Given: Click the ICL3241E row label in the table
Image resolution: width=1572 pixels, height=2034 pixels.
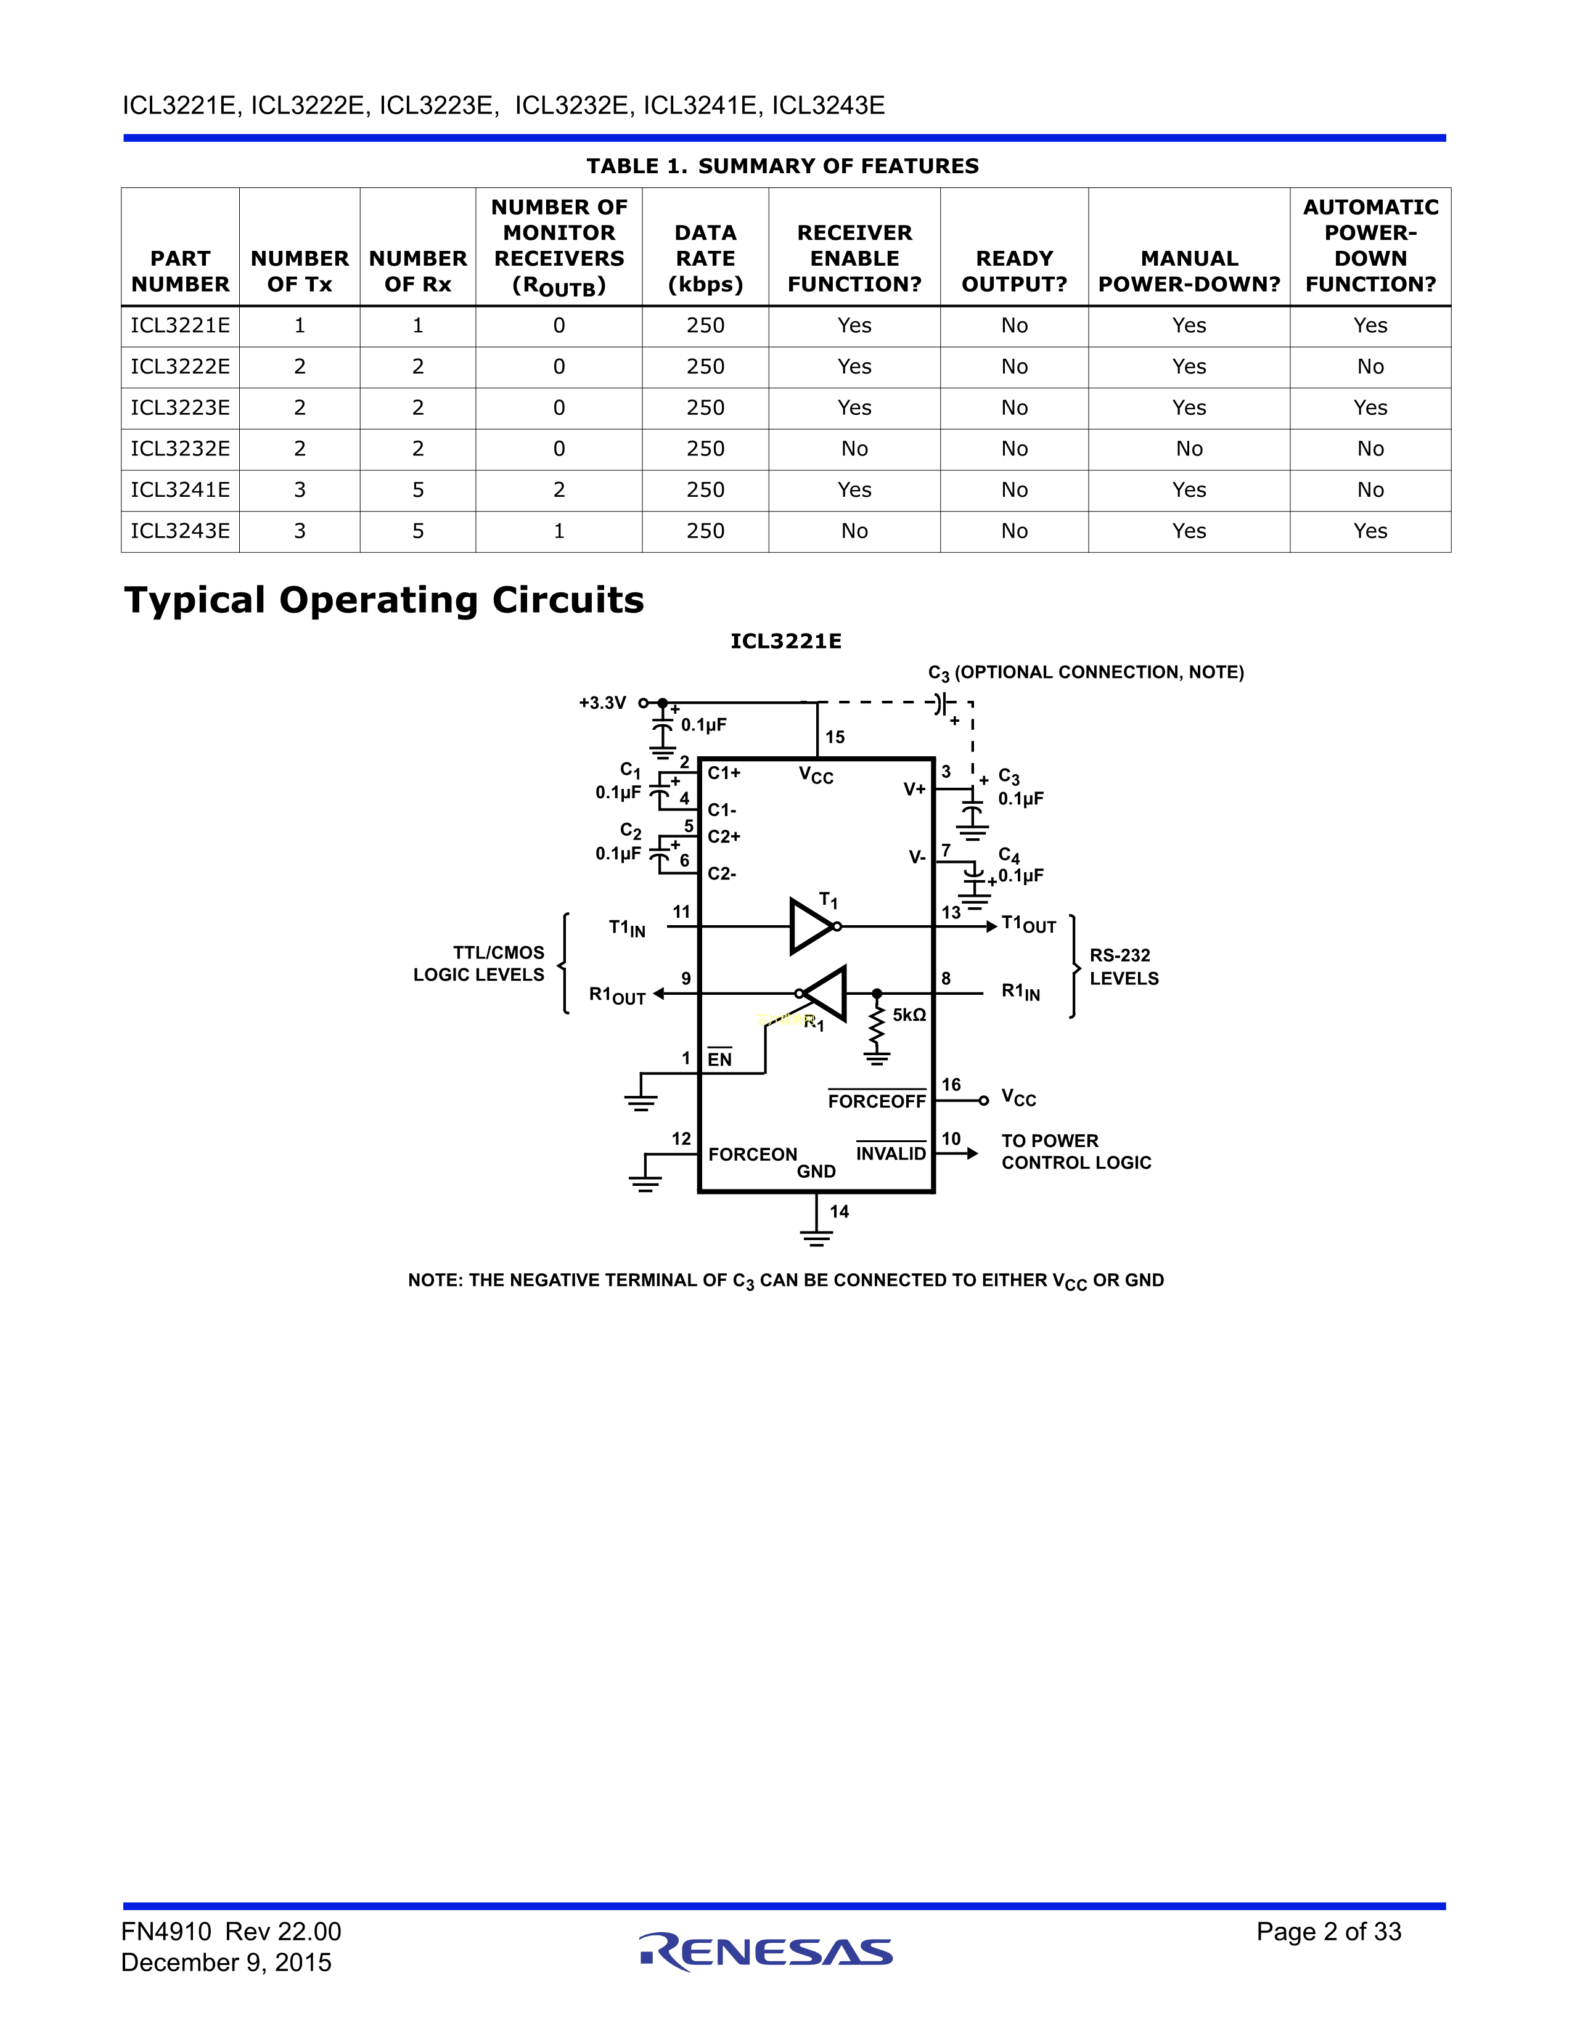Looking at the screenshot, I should click(x=180, y=490).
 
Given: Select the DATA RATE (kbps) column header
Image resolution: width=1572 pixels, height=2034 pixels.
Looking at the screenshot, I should click(x=705, y=259).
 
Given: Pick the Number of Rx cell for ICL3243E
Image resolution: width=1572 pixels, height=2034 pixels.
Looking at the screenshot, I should click(x=418, y=531).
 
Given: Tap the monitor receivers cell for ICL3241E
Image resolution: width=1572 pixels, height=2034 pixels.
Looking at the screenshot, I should click(x=559, y=490).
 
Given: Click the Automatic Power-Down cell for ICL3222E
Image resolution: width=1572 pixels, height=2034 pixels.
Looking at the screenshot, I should click(x=1370, y=367).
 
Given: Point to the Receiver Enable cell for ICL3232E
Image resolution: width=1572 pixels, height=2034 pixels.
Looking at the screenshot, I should click(x=854, y=449).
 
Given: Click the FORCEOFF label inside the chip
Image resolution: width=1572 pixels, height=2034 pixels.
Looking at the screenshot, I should click(x=877, y=1101).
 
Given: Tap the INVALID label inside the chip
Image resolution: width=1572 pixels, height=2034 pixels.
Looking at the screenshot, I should click(x=890, y=1154).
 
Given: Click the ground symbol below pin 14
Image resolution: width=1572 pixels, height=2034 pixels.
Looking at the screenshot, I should click(x=816, y=1238).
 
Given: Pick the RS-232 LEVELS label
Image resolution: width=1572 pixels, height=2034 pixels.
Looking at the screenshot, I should click(x=1124, y=966).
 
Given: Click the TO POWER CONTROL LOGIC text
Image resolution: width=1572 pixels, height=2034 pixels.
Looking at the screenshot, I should click(x=1076, y=1152).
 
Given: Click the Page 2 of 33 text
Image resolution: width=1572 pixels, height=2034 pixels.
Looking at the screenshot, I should click(x=1328, y=1932).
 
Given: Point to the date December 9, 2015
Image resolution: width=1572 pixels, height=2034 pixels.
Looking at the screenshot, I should click(x=226, y=1963).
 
